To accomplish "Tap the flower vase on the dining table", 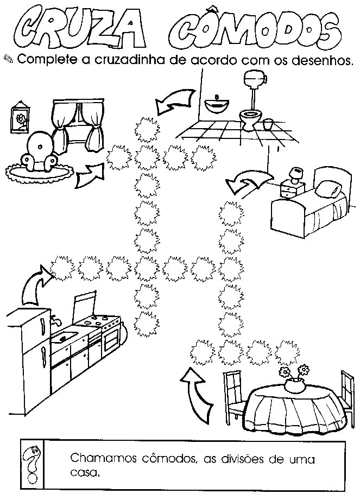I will pos(294,383).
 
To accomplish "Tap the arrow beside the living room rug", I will pos(89,176).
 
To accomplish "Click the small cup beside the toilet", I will pos(267,125).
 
